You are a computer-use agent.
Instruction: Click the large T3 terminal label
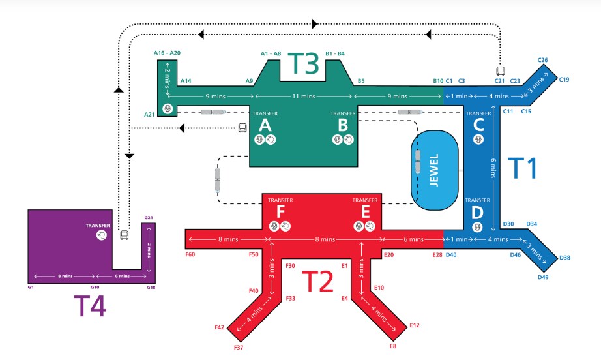coord(303,64)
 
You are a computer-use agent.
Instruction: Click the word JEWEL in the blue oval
coord(433,170)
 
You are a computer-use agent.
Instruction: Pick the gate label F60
coord(190,254)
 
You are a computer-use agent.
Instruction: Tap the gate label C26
coord(542,61)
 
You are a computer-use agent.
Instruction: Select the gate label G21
coord(148,218)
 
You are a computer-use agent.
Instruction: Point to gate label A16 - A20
coord(167,53)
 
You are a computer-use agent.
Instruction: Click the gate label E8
coord(392,346)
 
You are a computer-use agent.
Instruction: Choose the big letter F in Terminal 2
coord(280,211)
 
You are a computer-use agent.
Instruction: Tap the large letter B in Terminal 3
coord(343,125)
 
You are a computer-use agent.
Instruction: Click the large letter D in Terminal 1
coord(478,213)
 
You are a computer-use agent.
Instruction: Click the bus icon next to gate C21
coord(500,71)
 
